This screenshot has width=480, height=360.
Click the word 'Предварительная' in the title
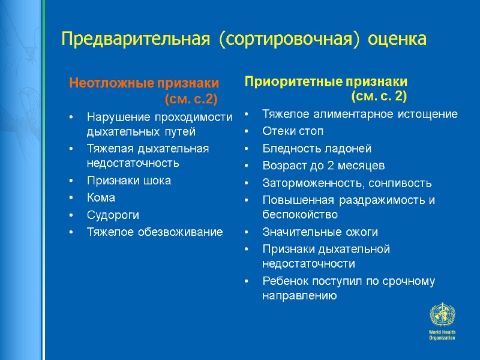tap(136, 40)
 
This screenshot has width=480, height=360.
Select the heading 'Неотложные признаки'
tap(144, 83)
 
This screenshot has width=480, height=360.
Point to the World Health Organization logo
tap(442, 321)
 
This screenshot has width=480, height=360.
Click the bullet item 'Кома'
tap(101, 197)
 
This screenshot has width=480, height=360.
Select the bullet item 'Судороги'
tap(111, 214)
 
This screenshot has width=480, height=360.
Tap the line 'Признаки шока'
tap(128, 180)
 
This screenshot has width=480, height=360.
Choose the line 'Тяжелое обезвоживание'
tap(154, 232)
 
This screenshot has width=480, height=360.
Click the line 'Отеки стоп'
tap(292, 131)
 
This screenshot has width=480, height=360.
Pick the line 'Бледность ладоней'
tap(317, 148)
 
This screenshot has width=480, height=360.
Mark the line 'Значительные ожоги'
tap(320, 232)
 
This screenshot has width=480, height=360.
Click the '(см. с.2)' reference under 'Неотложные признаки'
tap(190, 98)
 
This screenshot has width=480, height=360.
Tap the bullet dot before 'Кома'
tap(71, 198)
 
